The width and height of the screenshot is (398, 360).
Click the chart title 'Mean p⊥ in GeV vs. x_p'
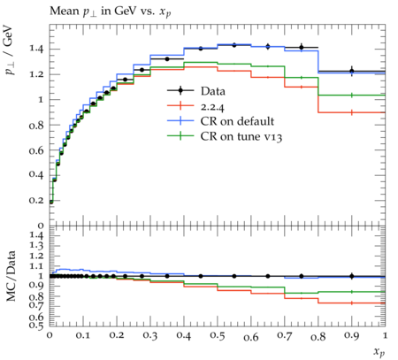111,11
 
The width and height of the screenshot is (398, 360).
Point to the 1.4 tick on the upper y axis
36,49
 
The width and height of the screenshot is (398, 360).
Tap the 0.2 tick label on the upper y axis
36,200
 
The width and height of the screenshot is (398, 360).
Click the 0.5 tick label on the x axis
218,336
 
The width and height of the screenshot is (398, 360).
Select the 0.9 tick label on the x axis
351,336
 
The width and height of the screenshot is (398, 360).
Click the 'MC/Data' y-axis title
11,276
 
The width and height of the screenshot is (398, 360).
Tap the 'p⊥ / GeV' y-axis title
10,50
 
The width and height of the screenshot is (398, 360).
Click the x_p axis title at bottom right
379,352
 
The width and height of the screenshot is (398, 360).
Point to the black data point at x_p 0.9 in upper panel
352,71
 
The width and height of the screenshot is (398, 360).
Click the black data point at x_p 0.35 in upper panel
167,59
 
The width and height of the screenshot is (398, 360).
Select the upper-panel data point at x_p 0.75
302,47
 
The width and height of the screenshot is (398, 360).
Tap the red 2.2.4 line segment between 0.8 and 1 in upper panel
352,112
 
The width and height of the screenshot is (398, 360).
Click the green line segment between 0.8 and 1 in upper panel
352,96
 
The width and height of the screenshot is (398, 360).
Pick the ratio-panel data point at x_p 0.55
234,276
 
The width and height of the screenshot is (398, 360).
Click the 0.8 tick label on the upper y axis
36,125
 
